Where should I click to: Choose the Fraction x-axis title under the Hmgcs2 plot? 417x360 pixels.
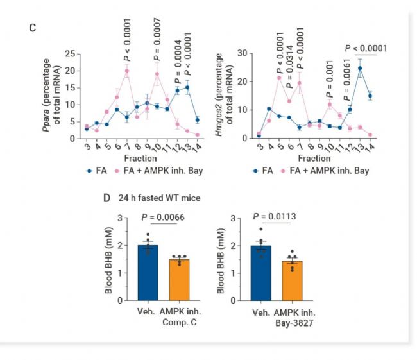(314, 158)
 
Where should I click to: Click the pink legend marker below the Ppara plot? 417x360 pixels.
(117, 172)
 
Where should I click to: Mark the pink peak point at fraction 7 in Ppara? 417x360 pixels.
(127, 71)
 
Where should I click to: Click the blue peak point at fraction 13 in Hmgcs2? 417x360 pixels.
(361, 68)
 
